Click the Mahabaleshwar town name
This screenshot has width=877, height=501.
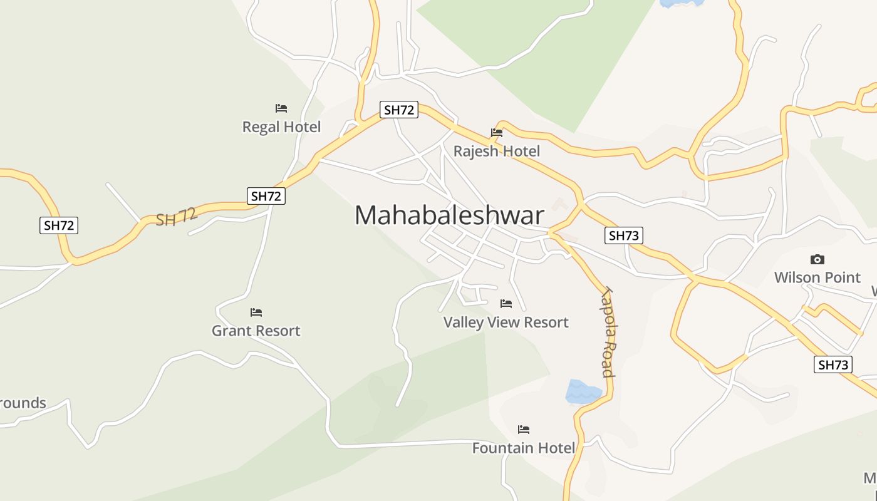coord(449,215)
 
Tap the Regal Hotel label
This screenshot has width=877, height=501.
coord(281,127)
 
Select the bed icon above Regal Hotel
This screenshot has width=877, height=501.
coord(281,108)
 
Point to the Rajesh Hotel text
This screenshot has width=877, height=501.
coord(496,151)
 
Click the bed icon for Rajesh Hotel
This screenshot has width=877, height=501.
coord(497,133)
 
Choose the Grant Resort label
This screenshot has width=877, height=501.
coord(256,331)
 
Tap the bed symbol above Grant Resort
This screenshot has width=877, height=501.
coord(256,312)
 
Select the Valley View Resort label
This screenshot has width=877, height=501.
coord(506,323)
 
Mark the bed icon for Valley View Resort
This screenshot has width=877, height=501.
coord(506,304)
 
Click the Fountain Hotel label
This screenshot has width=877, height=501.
coord(523,448)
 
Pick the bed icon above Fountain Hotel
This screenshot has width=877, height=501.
coord(524,430)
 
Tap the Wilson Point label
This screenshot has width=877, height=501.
coord(817,277)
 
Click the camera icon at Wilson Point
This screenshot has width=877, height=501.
coord(817,259)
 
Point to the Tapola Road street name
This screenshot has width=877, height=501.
coord(607,332)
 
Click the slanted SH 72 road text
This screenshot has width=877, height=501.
coord(177,217)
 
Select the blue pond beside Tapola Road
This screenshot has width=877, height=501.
coord(582,391)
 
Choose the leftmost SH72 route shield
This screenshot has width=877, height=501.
coord(59,225)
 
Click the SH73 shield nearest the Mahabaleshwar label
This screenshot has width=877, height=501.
coord(624,235)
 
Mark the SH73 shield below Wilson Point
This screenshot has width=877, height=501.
coord(833,364)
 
